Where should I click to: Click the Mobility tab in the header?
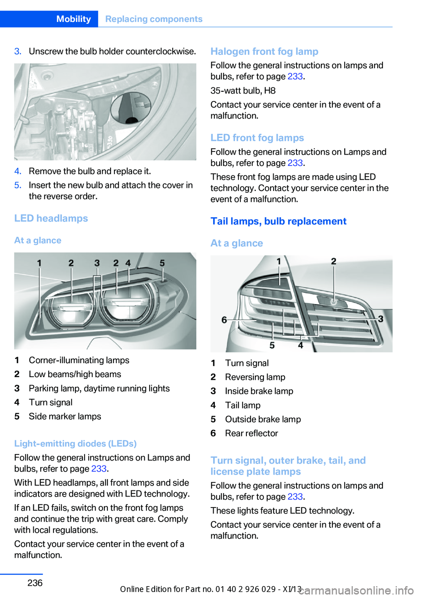[73, 19]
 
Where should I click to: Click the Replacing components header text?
[153, 19]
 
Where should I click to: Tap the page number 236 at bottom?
[35, 583]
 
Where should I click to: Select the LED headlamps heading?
[51, 218]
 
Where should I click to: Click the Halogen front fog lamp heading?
[264, 51]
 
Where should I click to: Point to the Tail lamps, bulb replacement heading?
[278, 221]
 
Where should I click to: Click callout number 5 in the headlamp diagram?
[162, 263]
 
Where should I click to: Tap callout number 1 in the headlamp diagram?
[39, 263]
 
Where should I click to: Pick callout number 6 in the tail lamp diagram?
[224, 320]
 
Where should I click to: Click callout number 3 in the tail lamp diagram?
[381, 319]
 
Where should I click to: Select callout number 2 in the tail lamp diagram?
[333, 261]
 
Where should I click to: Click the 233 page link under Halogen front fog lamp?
[295, 76]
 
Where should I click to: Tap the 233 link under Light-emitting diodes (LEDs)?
[99, 468]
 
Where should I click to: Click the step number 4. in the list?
[18, 171]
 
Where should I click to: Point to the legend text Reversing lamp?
[255, 377]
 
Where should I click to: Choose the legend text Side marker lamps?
[65, 416]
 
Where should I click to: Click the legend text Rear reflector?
[251, 433]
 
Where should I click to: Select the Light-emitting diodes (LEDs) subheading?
[75, 443]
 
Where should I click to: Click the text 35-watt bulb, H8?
[243, 90]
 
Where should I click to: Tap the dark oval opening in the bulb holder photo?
[131, 108]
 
